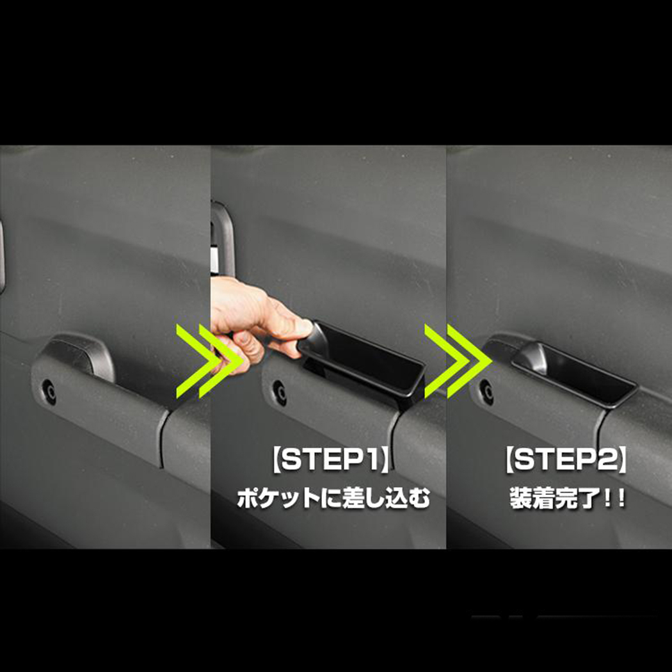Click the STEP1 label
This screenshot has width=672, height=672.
[x=330, y=460]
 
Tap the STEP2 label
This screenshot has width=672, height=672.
[x=566, y=460]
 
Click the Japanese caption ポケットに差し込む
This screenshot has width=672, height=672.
[x=333, y=499]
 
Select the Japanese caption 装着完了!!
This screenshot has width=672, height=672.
[x=567, y=499]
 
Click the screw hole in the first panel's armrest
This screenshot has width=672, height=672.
[x=49, y=391]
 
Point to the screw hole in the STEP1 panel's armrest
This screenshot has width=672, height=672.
[x=280, y=391]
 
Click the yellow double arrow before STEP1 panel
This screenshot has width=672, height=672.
[x=210, y=361]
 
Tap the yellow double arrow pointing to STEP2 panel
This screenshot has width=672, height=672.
[x=458, y=361]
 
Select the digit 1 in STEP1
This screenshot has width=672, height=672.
[x=373, y=460]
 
